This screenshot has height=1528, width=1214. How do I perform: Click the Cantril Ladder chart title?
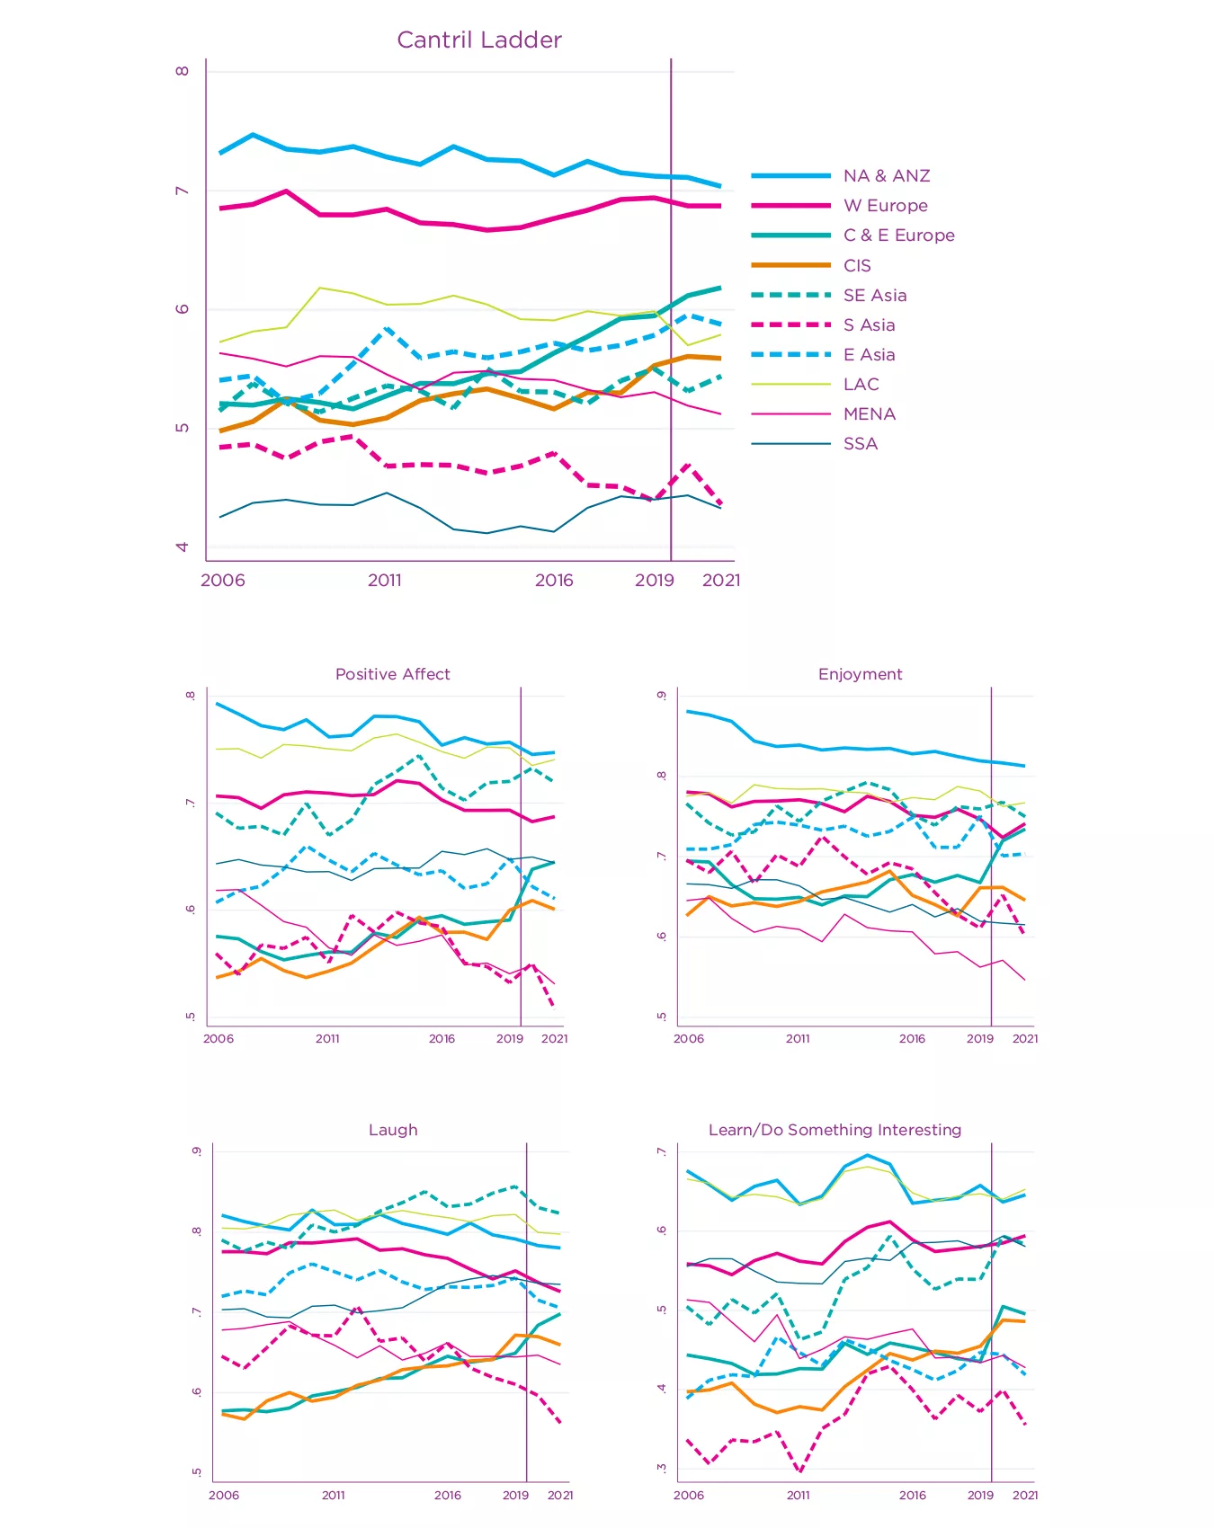point(479,40)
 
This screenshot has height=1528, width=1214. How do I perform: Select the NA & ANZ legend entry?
point(886,176)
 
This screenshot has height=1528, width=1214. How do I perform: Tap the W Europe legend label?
point(885,206)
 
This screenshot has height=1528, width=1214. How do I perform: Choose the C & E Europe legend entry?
point(898,235)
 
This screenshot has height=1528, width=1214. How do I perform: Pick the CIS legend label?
point(857,265)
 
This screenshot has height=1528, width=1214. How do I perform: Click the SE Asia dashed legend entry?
point(874,295)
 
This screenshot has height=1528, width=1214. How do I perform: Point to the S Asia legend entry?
point(869,324)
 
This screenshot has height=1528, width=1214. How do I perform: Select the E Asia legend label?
point(869,354)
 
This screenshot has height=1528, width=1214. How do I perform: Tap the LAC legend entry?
point(861,384)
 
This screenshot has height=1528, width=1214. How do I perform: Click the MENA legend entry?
point(869,413)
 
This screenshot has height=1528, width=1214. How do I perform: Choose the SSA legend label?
point(860,443)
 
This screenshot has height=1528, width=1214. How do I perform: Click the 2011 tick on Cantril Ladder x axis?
point(385,580)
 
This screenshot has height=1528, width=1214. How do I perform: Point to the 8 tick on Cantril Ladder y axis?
point(183,71)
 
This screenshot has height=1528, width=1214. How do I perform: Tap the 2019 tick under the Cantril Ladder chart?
point(654,580)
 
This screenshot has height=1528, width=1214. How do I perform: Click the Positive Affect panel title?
point(392,674)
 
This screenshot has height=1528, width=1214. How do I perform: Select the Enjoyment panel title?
point(860,674)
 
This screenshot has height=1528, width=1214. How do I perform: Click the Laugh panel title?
point(393,1130)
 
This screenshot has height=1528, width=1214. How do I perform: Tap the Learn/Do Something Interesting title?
point(835,1130)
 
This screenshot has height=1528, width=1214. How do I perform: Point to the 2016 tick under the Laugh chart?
point(447,1495)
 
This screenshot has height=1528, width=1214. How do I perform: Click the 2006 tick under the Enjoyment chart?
point(689,1038)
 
